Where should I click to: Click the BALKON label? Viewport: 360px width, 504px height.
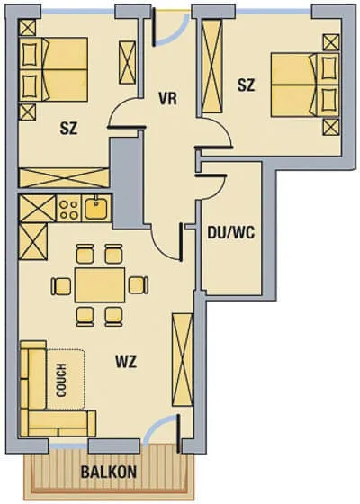pos(109,472)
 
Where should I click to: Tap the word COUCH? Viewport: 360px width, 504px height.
pos(61,380)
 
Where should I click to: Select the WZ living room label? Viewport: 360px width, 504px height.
pos(126,362)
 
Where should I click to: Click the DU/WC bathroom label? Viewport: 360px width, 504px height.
pos(230,232)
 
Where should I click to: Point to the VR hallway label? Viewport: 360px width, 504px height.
pos(167,99)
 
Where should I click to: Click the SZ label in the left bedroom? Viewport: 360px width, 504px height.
pos(68,129)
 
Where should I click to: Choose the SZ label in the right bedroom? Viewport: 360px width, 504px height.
pos(246,85)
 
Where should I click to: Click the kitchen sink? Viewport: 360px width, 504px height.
pos(96,208)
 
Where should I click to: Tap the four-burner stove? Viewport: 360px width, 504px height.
pos(69,209)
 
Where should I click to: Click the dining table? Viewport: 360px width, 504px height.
pos(100,284)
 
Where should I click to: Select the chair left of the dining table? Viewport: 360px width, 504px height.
pos(60,286)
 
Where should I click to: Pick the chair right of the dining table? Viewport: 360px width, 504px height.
pos(139,284)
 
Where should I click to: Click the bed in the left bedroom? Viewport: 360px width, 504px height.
pos(54,69)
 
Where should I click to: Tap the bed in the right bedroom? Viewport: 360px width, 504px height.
pos(305,85)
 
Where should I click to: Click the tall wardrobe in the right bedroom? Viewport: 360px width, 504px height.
pos(211,66)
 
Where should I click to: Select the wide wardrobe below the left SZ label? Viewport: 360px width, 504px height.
pos(64,177)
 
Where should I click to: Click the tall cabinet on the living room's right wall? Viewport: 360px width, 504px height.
pos(183,360)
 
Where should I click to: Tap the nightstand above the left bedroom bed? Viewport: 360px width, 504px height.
pos(27,27)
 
